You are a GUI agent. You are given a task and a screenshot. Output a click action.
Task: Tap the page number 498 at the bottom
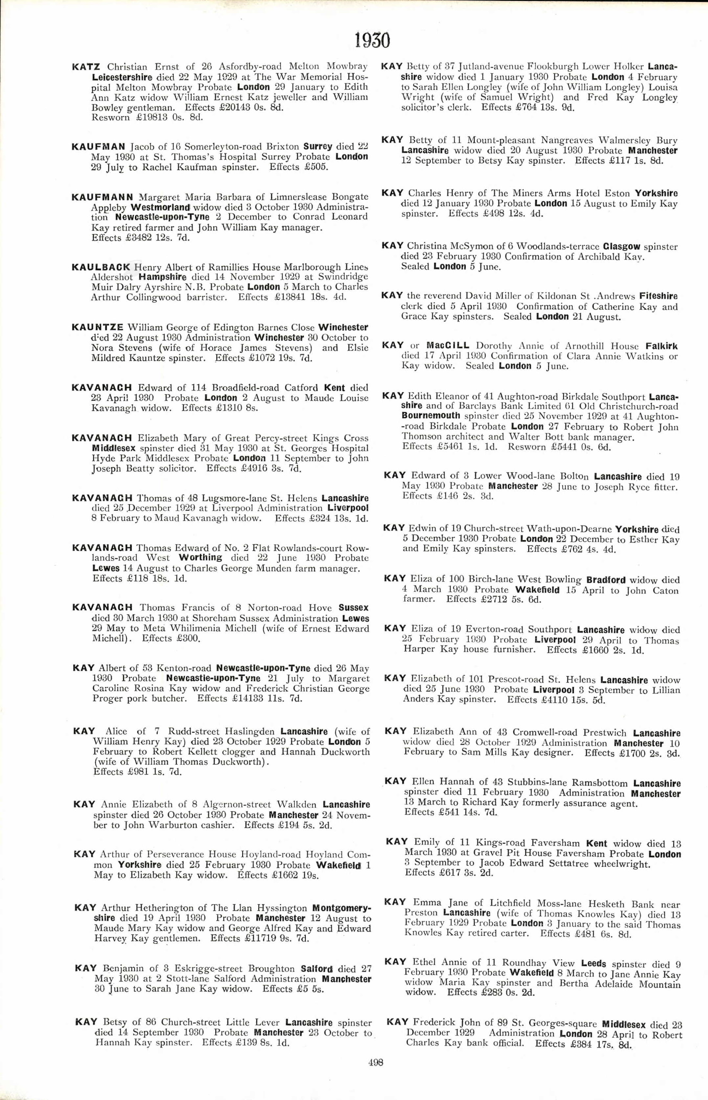click(376, 1062)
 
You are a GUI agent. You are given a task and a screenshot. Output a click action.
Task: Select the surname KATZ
click(86, 67)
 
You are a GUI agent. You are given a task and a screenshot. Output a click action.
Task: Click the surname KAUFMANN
click(102, 197)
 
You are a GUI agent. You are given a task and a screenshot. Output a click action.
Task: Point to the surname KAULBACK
click(101, 267)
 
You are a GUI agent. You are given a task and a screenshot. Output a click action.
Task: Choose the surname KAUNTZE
click(98, 327)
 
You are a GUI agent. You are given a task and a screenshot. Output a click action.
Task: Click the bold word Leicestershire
click(122, 77)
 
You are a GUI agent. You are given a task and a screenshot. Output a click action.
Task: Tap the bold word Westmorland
click(160, 207)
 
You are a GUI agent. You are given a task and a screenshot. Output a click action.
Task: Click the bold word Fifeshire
click(658, 296)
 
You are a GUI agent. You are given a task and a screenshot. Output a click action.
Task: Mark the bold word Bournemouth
click(430, 416)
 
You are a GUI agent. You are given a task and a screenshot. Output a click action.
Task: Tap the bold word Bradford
click(606, 580)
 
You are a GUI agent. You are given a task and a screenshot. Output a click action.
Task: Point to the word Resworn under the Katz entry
click(110, 118)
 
